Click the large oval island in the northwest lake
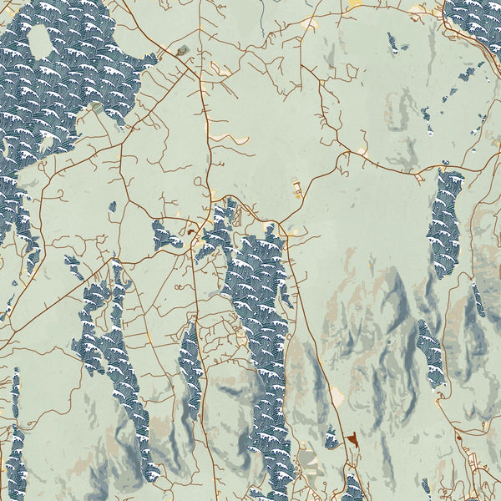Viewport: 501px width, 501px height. (40, 41)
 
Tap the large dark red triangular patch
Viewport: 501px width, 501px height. (354, 438)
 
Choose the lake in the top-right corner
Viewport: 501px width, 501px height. (474, 15)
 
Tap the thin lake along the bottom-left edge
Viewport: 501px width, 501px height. (15, 434)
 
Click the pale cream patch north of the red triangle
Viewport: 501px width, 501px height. (337, 394)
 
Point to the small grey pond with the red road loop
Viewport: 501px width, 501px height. (182, 50)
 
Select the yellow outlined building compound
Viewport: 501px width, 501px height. (296, 188)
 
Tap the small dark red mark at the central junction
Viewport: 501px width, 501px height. (191, 232)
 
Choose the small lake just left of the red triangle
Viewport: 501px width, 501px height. (331, 438)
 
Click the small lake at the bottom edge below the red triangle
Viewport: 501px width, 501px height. (353, 488)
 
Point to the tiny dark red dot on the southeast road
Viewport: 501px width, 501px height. (458, 432)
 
